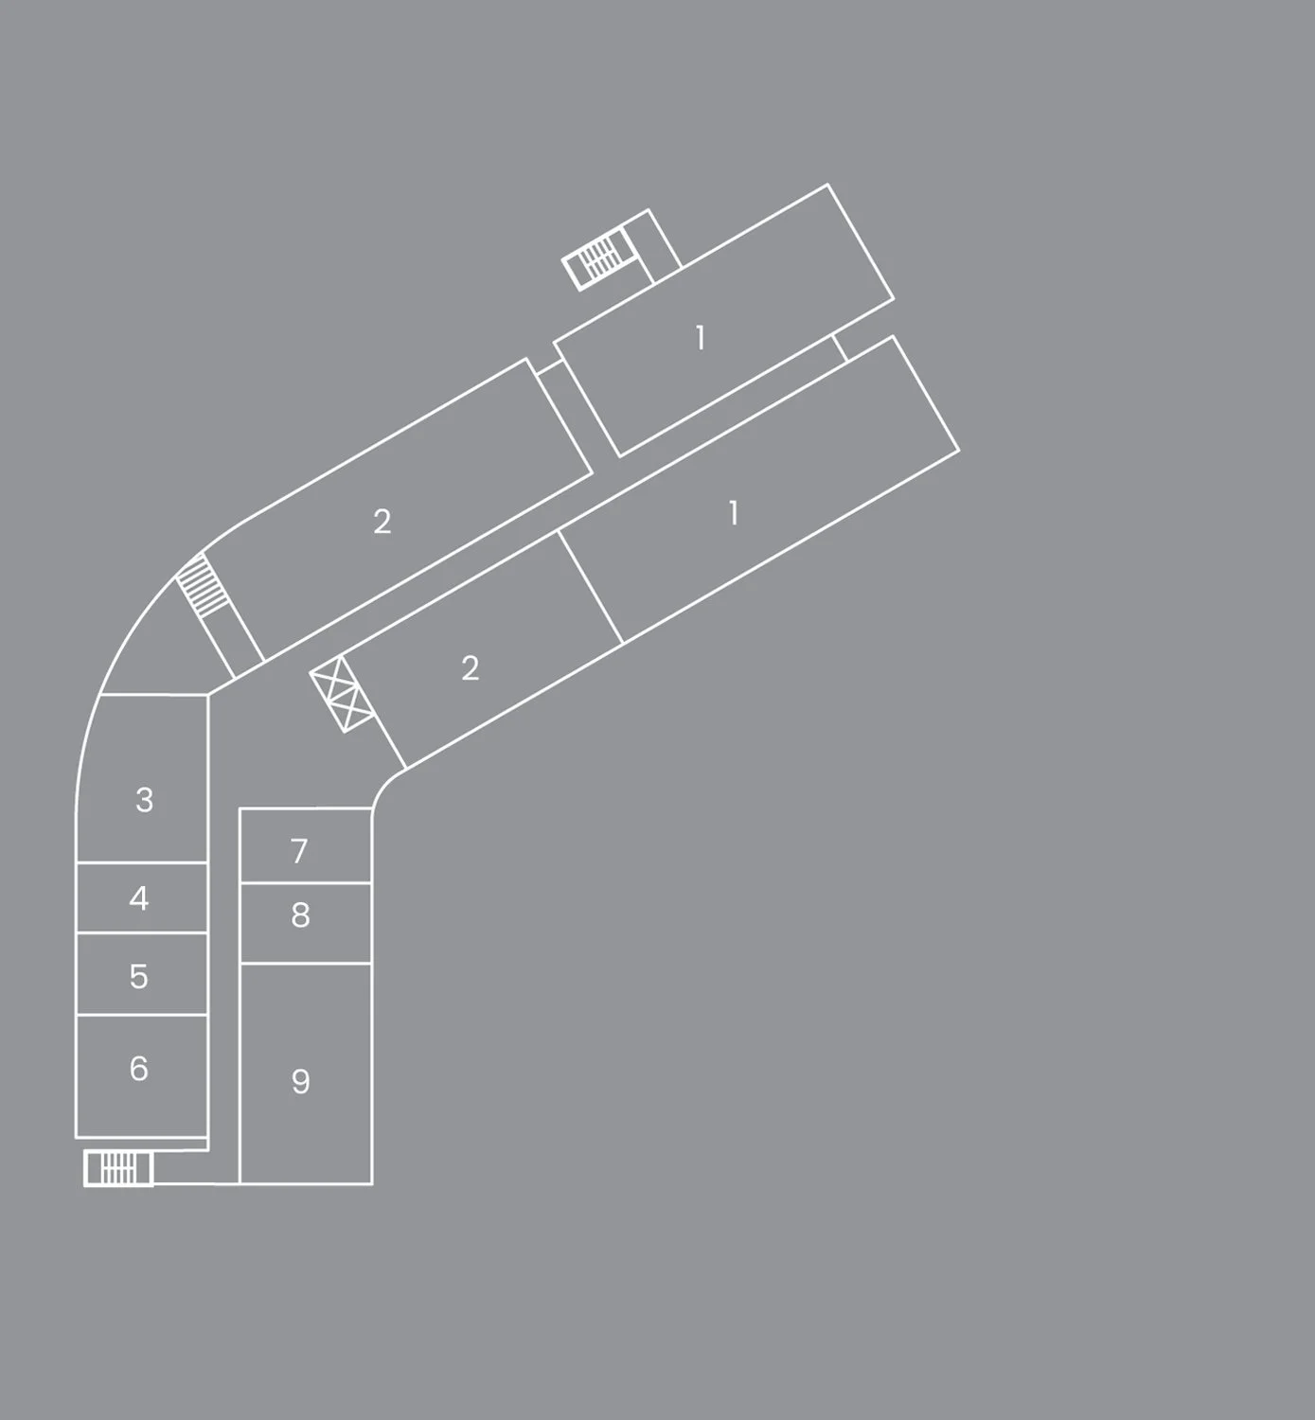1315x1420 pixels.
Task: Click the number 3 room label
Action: point(144,801)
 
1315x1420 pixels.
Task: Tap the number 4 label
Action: point(139,898)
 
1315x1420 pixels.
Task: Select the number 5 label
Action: point(139,976)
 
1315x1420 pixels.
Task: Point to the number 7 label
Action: point(299,851)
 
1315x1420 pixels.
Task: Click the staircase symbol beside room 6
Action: point(118,1168)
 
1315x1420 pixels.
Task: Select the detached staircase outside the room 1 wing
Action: point(598,257)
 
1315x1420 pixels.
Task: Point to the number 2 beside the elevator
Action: point(471,669)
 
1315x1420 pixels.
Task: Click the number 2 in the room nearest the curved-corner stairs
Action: point(382,522)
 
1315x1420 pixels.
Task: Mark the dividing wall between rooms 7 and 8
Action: point(305,883)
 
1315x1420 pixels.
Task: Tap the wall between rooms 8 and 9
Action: point(305,964)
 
